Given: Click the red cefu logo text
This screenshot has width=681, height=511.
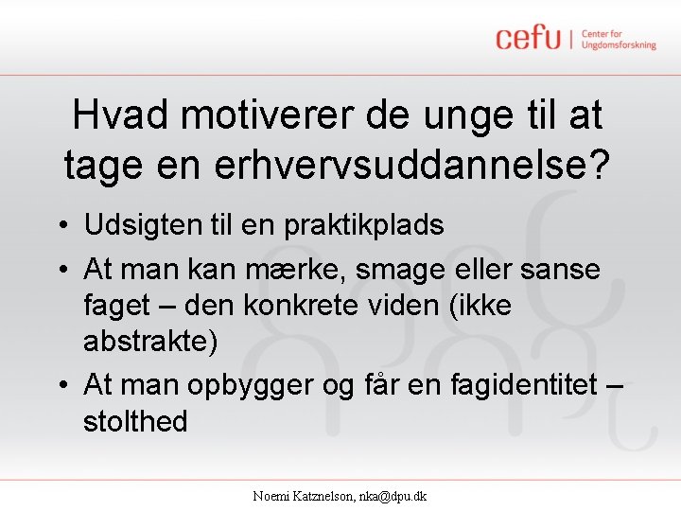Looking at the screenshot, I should point(529,39).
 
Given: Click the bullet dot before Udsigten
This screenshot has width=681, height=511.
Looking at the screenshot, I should point(60,226).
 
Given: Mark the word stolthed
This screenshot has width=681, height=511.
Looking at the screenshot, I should point(135,420).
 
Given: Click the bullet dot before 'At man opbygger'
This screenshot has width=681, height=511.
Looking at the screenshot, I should point(60,385).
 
